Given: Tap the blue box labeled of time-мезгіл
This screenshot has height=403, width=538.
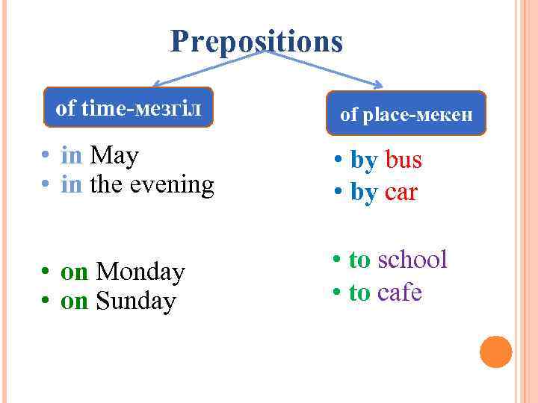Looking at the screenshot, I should (129, 108).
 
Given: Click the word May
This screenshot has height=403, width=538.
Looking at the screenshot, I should (114, 156).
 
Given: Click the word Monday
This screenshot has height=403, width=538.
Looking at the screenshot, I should (140, 272).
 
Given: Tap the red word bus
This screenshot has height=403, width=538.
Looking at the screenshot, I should (403, 160).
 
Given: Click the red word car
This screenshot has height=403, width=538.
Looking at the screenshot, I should (401, 193).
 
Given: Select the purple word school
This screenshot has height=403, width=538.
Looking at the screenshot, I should (412, 260).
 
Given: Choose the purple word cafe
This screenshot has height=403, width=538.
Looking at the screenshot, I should (400, 293).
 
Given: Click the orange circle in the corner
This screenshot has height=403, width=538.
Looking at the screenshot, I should (495, 352).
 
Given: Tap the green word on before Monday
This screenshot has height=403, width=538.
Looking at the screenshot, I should (74, 272).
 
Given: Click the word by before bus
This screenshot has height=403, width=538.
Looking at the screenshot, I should (364, 160).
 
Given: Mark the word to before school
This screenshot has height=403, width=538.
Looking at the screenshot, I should (359, 260).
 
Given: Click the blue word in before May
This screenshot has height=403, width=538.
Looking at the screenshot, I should (72, 156).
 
